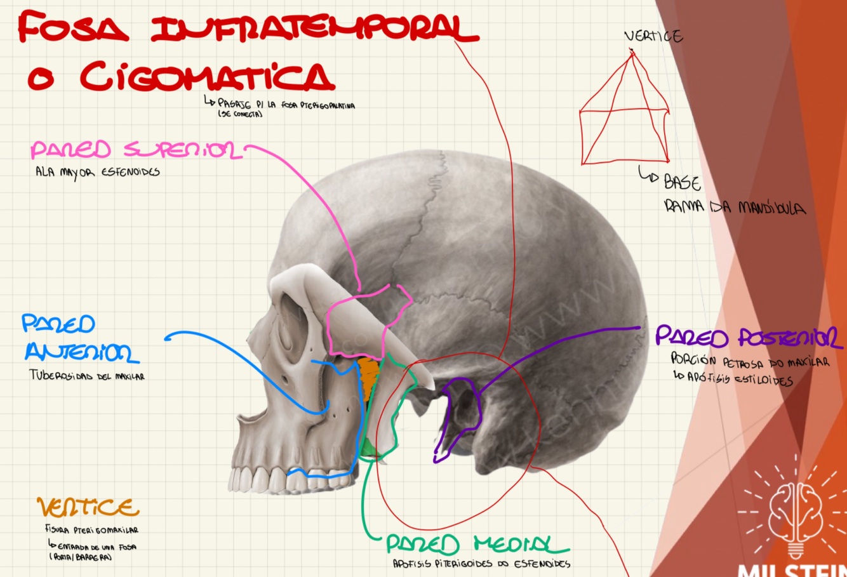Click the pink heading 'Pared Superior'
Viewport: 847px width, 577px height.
(136, 150)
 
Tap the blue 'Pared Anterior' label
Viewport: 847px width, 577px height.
(79, 339)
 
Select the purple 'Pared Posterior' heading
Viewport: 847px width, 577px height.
(748, 336)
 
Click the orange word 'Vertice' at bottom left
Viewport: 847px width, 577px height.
(88, 507)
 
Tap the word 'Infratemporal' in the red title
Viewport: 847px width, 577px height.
(314, 29)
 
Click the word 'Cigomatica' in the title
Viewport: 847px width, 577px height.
(206, 77)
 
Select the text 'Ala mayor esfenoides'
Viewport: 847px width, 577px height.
(97, 171)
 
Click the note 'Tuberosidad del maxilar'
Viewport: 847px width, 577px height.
(87, 376)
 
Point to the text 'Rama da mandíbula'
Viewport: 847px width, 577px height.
(734, 207)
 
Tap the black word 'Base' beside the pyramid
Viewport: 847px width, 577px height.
(682, 183)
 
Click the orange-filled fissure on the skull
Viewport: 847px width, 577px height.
(368, 377)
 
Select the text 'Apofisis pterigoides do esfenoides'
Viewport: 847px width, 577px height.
(481, 563)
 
